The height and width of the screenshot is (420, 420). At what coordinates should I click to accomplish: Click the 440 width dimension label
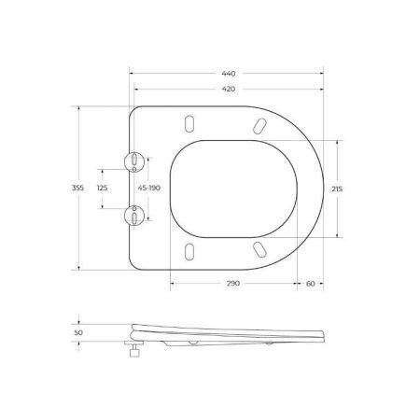point(229,73)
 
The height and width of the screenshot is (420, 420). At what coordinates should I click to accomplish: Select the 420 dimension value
point(229,90)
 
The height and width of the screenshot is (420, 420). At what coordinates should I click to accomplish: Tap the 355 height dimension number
point(79,189)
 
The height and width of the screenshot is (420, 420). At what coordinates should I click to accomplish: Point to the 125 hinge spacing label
point(103,189)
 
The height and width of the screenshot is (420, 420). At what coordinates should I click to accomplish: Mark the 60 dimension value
point(309,284)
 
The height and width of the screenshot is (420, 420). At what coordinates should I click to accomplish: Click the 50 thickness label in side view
point(78,330)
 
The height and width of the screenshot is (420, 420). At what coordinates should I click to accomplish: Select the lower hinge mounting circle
point(136,216)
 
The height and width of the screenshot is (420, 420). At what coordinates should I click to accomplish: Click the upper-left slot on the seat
point(190,123)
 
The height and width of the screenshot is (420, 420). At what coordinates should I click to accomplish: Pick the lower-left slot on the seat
point(190,252)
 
